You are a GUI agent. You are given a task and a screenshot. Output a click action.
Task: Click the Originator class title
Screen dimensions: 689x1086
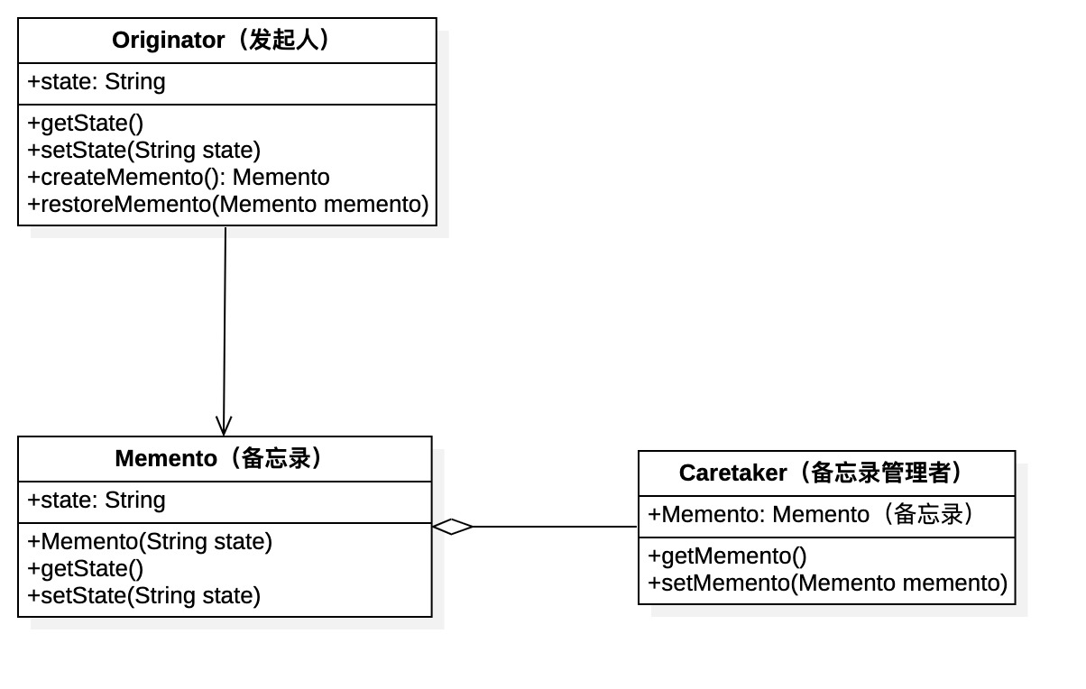[225, 41]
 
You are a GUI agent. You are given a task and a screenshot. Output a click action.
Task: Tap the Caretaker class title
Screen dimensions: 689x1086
[825, 473]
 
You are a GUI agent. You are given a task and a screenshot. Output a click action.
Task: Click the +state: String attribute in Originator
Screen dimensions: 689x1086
[97, 82]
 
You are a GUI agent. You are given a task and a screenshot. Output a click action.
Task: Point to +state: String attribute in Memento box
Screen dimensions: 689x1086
[97, 501]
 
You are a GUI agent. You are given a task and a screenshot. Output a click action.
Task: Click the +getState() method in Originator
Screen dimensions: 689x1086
[86, 124]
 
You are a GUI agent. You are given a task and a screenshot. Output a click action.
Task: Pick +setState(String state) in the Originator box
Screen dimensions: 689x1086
[144, 151]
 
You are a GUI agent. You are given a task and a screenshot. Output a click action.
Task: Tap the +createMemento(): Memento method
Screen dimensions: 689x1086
[179, 178]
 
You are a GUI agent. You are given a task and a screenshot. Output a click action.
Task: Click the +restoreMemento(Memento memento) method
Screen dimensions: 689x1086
[228, 205]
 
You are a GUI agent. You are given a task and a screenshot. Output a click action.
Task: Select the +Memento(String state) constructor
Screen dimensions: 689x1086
[150, 542]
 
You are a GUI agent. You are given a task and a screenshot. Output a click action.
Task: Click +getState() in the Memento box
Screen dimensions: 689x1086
[86, 569]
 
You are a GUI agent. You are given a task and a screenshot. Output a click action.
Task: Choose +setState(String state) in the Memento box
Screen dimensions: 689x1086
[144, 596]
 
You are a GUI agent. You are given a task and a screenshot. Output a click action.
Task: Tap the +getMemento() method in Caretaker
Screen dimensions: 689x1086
[727, 556]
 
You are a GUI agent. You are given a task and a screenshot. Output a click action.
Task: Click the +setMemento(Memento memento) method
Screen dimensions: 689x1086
[827, 583]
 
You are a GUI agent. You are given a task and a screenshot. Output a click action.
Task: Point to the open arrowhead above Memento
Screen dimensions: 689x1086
[224, 426]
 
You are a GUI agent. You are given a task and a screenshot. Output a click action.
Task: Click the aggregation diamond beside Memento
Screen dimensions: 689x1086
[453, 527]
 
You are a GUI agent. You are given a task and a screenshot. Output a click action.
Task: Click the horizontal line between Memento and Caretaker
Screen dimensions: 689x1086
[555, 527]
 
